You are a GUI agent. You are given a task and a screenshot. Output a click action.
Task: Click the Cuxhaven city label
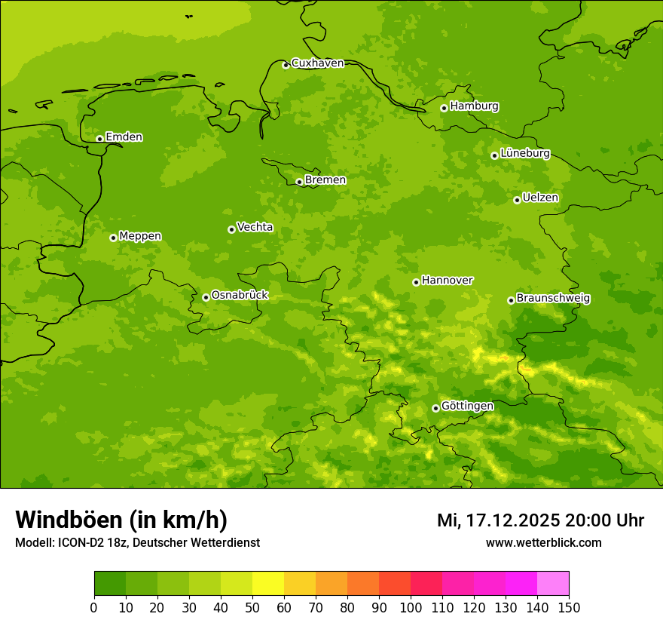317,63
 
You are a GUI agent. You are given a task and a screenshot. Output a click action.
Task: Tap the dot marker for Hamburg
444,108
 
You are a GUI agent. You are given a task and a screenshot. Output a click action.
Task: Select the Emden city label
124,137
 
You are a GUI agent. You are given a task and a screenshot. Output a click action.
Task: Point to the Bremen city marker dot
299,182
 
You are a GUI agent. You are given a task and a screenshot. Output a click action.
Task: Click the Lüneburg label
525,153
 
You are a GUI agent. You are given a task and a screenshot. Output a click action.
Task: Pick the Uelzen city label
540,198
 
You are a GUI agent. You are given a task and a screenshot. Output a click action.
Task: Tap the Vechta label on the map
255,227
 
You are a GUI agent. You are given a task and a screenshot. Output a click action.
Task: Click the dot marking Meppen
113,238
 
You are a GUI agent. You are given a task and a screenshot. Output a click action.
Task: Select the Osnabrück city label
240,295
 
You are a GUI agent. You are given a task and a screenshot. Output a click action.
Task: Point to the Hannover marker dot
416,282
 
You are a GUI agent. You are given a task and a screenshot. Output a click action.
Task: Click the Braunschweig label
553,298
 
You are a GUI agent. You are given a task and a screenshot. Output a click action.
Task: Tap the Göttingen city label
467,406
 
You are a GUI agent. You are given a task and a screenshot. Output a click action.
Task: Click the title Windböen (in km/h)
121,520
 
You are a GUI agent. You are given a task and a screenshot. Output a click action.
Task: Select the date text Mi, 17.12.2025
498,520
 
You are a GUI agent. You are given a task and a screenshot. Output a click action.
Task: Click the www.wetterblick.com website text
543,542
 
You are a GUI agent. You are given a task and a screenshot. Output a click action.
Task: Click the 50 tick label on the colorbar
252,607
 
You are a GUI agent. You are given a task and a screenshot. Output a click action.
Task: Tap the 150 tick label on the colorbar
569,607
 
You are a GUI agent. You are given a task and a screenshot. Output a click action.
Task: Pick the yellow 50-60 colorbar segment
268,584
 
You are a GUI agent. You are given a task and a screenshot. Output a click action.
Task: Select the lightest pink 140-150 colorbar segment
553,584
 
